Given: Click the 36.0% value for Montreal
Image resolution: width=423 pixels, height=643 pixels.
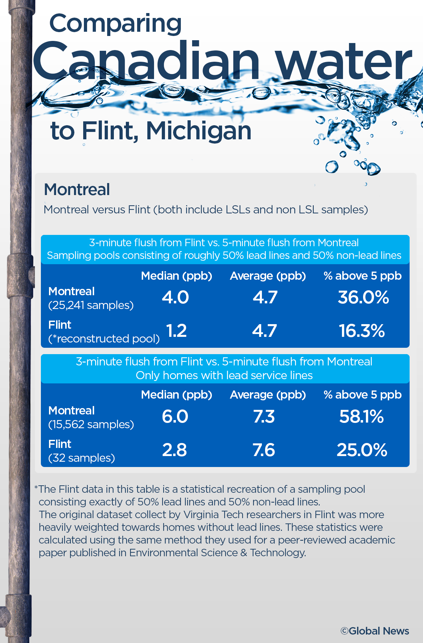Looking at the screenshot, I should pyautogui.click(x=363, y=297).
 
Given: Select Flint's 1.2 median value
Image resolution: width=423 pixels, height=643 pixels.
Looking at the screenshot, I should pyautogui.click(x=176, y=331).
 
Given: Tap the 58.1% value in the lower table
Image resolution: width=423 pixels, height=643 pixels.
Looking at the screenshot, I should pyautogui.click(x=361, y=417).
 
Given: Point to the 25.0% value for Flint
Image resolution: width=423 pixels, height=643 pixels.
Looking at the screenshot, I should pyautogui.click(x=362, y=450).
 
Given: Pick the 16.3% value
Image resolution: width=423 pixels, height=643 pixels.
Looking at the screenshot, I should pyautogui.click(x=362, y=331).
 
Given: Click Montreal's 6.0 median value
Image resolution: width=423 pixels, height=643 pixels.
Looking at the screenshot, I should pyautogui.click(x=175, y=417).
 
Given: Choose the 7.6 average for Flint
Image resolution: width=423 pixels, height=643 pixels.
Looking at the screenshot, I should pyautogui.click(x=263, y=450).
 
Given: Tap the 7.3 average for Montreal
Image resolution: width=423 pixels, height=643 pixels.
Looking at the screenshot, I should pyautogui.click(x=264, y=417).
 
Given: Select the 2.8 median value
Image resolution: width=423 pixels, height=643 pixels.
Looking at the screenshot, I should pyautogui.click(x=174, y=450).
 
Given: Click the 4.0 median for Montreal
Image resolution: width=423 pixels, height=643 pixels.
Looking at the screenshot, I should pyautogui.click(x=175, y=297).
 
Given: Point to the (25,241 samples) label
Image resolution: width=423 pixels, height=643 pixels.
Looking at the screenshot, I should pyautogui.click(x=91, y=305).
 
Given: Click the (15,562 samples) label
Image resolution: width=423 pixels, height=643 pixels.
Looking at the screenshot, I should pyautogui.click(x=91, y=424).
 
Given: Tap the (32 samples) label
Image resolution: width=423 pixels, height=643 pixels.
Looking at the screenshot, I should pyautogui.click(x=81, y=458).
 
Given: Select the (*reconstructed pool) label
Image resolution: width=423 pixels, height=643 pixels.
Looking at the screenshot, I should pyautogui.click(x=104, y=339).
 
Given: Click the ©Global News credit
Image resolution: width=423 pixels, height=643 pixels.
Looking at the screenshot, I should pyautogui.click(x=374, y=631).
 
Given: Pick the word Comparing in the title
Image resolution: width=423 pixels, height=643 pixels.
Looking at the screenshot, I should pyautogui.click(x=115, y=24).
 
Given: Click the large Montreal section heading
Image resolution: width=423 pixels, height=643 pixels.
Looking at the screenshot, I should pyautogui.click(x=77, y=189).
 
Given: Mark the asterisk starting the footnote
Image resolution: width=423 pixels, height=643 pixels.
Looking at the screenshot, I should pyautogui.click(x=36, y=488).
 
